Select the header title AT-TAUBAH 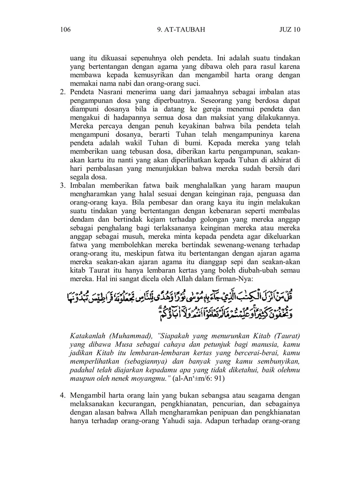185,29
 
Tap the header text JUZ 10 290,29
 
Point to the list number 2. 62,92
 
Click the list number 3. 62,186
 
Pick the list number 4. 62,395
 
